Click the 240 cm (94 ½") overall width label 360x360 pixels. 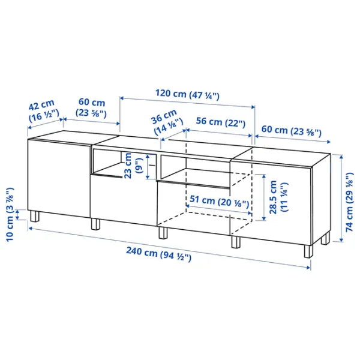[x=158, y=254]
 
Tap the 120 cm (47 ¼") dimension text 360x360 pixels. [x=187, y=94]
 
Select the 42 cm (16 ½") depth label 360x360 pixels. [x=43, y=110]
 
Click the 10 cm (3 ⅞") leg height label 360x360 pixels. [x=10, y=214]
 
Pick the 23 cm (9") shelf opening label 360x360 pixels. [x=133, y=166]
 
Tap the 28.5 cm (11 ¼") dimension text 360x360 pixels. [x=278, y=197]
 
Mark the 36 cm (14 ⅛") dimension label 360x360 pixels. [x=167, y=122]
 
